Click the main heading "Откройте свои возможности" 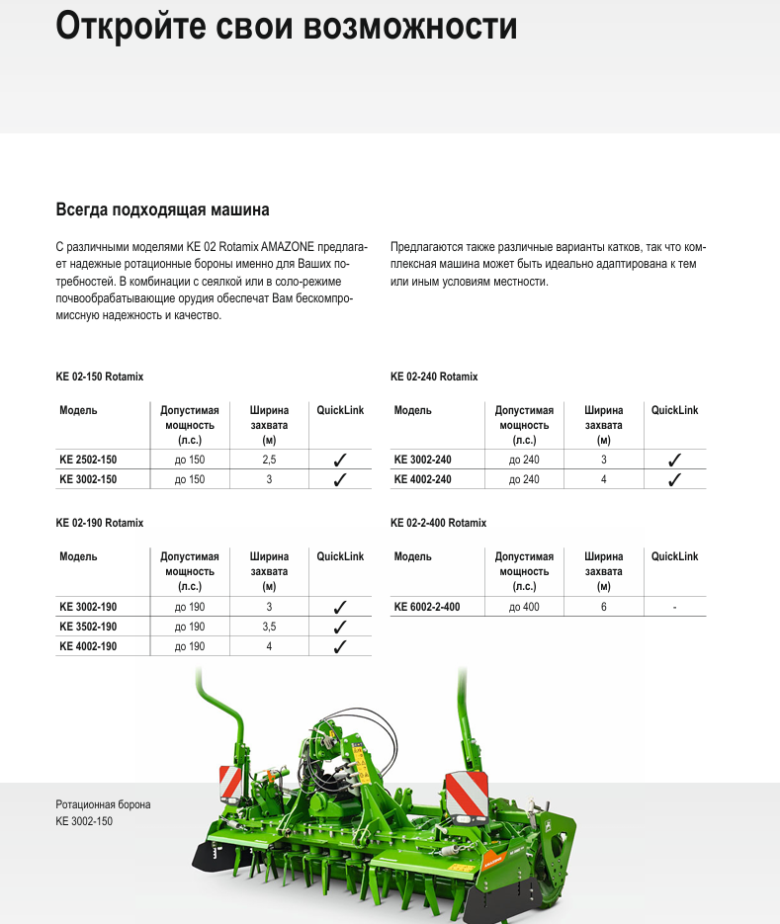[286, 27]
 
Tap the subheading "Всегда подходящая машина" [162, 210]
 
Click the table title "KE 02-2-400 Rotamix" [438, 523]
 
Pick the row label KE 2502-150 [88, 460]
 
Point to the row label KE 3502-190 [88, 627]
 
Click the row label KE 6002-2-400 [427, 607]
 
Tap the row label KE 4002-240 [422, 479]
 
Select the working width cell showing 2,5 [269, 460]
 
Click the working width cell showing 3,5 [269, 627]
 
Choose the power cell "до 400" [524, 607]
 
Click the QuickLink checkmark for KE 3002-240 [675, 460]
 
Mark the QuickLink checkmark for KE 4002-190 [340, 646]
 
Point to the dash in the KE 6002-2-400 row [675, 607]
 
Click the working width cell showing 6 [603, 607]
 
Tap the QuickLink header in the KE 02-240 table [675, 410]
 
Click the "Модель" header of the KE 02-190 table [78, 556]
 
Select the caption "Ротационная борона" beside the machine [103, 805]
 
